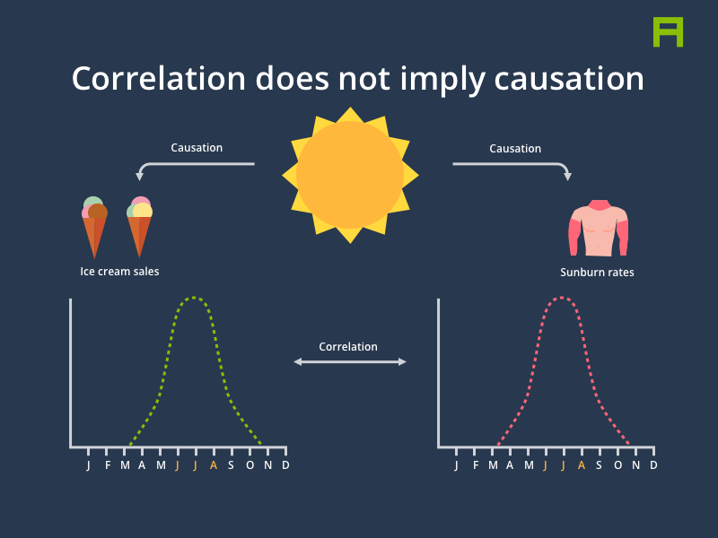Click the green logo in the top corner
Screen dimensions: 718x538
pos(668,32)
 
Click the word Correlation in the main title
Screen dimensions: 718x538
pos(159,79)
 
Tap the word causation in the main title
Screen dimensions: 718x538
pos(569,79)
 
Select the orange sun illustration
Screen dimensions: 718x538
pos(350,175)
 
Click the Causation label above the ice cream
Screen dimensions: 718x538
pos(197,148)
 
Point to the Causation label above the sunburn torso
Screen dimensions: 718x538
pos(515,149)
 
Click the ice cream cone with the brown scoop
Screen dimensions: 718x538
pos(94,227)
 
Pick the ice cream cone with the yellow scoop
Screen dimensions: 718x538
pos(139,227)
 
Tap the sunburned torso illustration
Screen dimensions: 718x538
pos(598,228)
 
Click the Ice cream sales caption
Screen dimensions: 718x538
pos(119,272)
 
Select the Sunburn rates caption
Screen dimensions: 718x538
pos(597,273)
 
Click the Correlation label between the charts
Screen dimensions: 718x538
pos(348,347)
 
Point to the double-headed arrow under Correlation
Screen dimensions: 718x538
pos(350,362)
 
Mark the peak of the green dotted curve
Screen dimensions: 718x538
pos(194,298)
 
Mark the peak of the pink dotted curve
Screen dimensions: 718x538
pos(562,298)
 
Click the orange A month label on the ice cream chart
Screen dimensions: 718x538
pos(214,465)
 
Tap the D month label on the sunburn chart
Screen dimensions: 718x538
pos(653,465)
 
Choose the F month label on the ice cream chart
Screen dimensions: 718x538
pos(108,465)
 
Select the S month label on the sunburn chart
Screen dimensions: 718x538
pos(599,465)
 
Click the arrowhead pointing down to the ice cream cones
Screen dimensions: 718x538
pos(140,177)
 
